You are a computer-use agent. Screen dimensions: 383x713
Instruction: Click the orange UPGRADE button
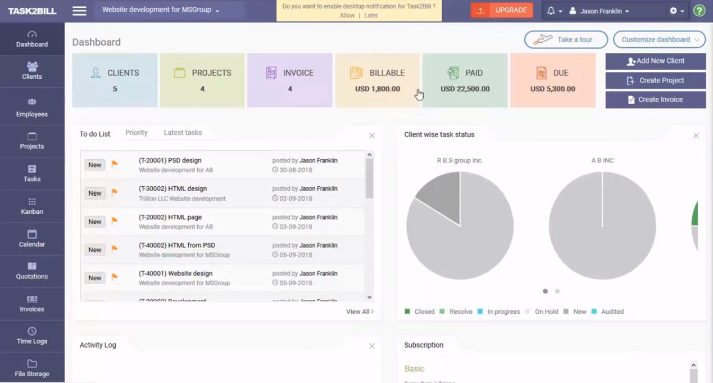[x=502, y=10]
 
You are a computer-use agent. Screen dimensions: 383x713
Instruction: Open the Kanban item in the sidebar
[x=32, y=206]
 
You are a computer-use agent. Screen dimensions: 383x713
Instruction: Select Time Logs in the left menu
[x=32, y=336]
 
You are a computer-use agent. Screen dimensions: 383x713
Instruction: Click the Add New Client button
[x=655, y=61]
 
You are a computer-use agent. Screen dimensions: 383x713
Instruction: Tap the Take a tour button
[x=566, y=39]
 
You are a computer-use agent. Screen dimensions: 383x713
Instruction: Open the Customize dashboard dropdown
[x=659, y=39]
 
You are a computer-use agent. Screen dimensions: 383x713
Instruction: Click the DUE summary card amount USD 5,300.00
[x=552, y=89]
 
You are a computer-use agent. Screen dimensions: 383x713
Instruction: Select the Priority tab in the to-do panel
[x=137, y=133]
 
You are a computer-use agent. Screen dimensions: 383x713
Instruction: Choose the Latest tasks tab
[x=183, y=133]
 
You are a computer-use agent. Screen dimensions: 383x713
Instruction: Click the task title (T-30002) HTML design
[x=172, y=189]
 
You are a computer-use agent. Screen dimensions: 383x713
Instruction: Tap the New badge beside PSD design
[x=95, y=165]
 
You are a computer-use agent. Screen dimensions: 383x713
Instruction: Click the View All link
[x=360, y=312]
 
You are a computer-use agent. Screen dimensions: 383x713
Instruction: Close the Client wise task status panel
[x=696, y=136]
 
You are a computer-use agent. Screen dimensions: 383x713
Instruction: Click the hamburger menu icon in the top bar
[x=80, y=11]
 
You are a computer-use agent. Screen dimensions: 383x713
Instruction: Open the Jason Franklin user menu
[x=599, y=11]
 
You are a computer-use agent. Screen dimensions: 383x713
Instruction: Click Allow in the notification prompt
[x=347, y=15]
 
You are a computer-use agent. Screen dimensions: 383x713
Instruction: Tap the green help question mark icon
[x=700, y=11]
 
